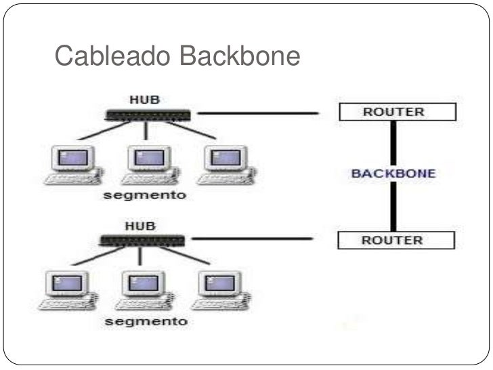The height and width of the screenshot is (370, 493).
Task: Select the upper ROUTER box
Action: click(x=397, y=112)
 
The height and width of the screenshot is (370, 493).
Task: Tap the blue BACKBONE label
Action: click(x=393, y=173)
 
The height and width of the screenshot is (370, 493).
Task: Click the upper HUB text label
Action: click(x=144, y=99)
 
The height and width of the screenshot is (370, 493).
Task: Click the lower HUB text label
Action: click(x=140, y=226)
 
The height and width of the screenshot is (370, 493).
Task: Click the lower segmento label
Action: click(x=146, y=321)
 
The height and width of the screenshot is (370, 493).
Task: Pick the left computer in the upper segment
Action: click(x=70, y=164)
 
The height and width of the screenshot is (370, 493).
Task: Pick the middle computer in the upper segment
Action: click(x=146, y=164)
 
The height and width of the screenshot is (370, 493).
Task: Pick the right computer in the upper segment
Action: click(x=223, y=164)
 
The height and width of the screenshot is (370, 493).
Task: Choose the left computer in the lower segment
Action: click(x=64, y=289)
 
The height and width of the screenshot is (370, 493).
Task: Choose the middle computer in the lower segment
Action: click(x=141, y=289)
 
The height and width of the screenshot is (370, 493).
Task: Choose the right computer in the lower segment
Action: click(x=217, y=289)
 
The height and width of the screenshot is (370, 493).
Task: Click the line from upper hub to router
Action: click(x=257, y=113)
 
